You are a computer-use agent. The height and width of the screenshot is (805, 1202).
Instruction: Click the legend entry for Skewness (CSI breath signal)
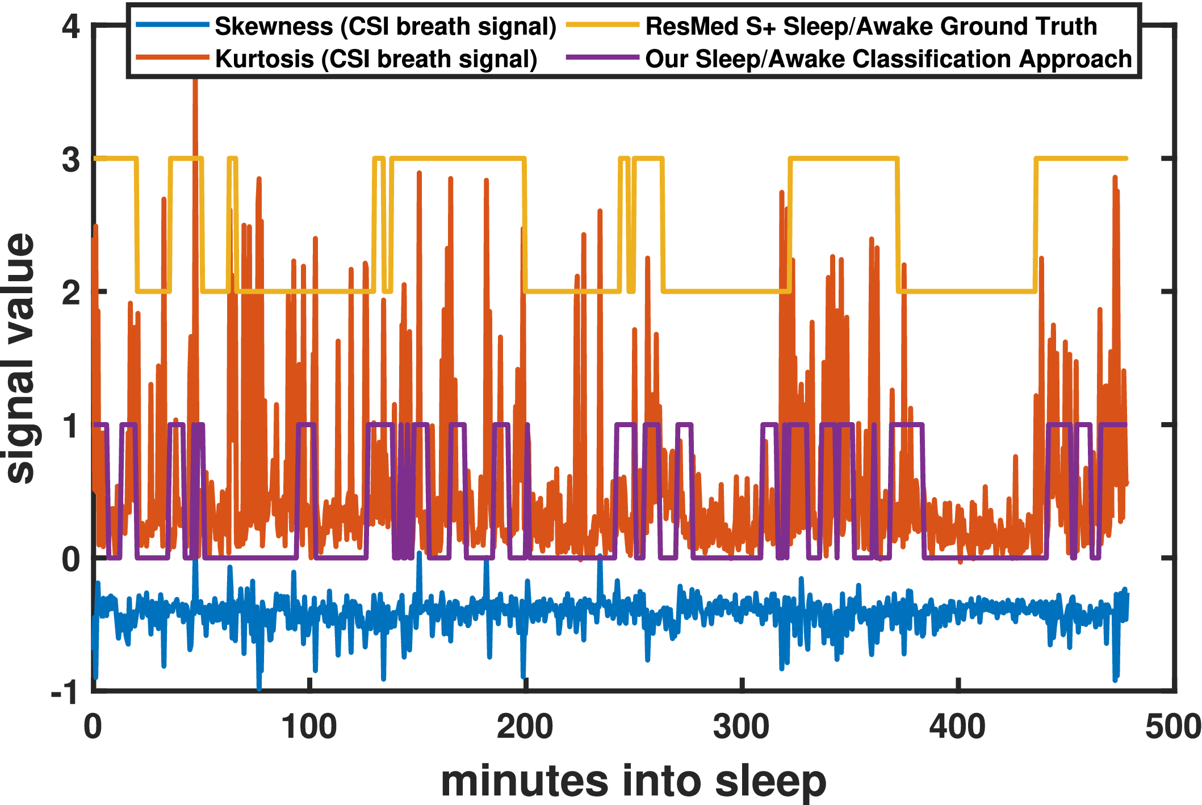pos(385,27)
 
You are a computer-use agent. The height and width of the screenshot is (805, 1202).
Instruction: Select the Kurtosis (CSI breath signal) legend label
pos(376,59)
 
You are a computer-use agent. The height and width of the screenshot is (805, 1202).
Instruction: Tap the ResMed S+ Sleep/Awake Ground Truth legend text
pos(871,27)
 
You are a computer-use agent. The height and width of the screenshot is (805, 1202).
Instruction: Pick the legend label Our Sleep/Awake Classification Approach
pos(889,59)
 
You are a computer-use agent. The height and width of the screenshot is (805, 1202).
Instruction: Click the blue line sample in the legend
pos(173,25)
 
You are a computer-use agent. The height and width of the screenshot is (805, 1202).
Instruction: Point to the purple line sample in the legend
pos(603,57)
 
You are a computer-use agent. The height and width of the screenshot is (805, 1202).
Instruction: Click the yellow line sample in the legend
pos(603,25)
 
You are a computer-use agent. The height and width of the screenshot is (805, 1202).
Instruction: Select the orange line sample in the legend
pos(173,57)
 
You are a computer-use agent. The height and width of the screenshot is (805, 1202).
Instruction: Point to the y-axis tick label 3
pos(70,159)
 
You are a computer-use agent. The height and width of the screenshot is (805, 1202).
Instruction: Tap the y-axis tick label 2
pos(70,293)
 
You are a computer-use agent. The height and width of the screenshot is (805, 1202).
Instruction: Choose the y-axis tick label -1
pos(65,692)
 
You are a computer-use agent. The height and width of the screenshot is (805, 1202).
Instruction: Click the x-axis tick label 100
pos(309,728)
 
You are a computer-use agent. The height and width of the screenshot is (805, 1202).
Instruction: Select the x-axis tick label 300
pos(742,728)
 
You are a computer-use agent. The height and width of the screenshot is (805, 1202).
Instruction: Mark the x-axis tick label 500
pos(1173,728)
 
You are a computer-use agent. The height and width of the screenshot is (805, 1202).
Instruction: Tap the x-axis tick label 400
pos(957,728)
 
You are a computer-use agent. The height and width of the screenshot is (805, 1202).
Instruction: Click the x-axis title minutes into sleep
pos(633,781)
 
